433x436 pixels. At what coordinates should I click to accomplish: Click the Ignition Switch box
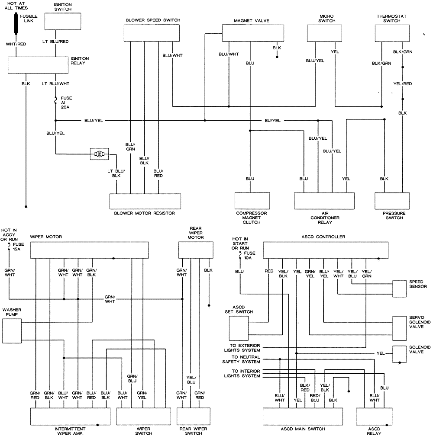click(63, 21)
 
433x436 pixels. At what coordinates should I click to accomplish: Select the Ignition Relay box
click(38, 65)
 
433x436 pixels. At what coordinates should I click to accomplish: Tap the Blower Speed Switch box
click(152, 33)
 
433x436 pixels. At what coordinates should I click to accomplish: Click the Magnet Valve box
click(253, 33)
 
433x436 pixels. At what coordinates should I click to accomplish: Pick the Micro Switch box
click(324, 33)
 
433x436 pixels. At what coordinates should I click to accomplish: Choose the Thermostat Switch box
click(392, 33)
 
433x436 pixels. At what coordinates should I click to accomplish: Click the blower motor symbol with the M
click(99, 154)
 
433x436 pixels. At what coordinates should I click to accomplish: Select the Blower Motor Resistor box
click(145, 201)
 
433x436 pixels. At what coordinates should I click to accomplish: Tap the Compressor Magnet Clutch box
click(252, 201)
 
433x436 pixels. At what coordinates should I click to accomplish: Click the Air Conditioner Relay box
click(324, 201)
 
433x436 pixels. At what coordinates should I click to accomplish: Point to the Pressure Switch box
click(392, 201)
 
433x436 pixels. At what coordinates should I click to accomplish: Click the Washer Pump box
click(12, 331)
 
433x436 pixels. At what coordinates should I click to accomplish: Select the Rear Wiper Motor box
click(196, 250)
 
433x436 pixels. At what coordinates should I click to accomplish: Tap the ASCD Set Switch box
click(239, 328)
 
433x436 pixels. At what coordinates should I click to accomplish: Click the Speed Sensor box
click(399, 289)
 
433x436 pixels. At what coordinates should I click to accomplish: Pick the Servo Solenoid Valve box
click(399, 328)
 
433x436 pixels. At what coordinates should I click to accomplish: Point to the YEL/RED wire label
click(402, 84)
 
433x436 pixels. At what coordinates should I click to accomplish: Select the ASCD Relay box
click(374, 417)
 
